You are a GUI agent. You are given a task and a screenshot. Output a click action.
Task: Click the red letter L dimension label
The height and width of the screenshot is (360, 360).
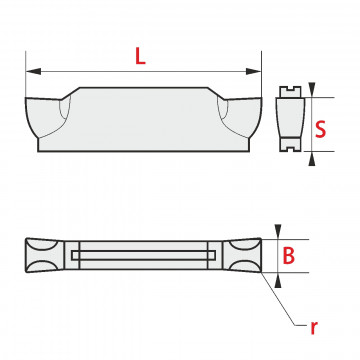[x=140, y=56]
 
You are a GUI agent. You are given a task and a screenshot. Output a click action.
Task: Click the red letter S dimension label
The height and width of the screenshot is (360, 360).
[x=321, y=129]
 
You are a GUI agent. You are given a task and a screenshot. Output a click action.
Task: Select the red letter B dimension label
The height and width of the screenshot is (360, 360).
[x=289, y=256]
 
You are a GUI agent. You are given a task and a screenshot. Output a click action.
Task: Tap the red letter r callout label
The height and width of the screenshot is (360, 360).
[x=313, y=328]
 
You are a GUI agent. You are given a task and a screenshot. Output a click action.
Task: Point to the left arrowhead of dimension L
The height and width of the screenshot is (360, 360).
[x=33, y=71]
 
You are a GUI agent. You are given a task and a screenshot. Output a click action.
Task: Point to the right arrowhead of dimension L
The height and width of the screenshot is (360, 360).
[x=253, y=71]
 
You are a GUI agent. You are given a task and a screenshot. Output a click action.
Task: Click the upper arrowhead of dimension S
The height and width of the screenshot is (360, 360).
[x=312, y=89]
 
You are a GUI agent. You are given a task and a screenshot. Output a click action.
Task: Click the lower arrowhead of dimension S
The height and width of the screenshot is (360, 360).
[x=312, y=159]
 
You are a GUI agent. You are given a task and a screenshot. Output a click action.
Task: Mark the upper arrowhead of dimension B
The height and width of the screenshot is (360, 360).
[x=278, y=231]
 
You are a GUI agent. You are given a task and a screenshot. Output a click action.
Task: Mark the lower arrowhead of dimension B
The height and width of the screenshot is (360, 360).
[x=278, y=280]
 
